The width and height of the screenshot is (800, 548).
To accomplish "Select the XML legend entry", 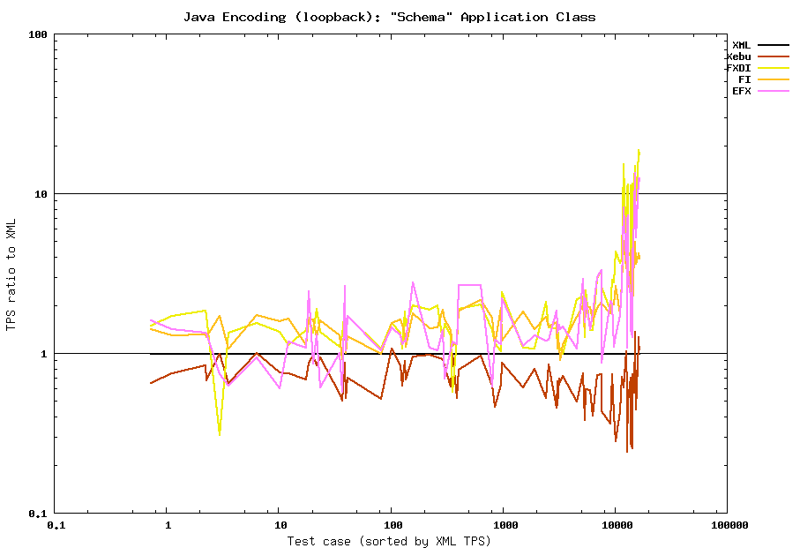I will coord(741,44).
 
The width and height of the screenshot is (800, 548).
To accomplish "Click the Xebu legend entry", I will coord(738,56).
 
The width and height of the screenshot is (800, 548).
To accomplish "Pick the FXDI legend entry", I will coord(738,67).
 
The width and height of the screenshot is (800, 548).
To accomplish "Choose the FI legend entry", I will coord(744,79).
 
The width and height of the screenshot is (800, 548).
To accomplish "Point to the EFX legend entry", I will coord(741,91).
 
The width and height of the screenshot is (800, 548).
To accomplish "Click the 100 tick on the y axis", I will coord(37,34).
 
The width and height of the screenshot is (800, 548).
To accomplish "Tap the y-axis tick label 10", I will coord(40,194).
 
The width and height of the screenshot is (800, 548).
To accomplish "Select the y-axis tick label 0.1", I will coord(37,514).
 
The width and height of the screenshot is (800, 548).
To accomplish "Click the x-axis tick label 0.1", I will coord(56,526).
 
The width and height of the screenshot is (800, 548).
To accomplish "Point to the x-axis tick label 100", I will coord(391,526).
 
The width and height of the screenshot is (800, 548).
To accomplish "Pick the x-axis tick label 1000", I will coord(503,526).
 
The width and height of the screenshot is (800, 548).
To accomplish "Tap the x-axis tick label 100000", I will coord(727,526).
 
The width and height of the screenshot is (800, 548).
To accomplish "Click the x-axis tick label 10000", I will coord(615,526).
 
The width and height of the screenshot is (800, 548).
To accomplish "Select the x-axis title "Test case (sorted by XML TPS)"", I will coord(389,540).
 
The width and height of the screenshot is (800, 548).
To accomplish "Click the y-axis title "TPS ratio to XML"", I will coord(11,274).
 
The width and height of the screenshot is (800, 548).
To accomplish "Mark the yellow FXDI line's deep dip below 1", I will coord(220,432).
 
